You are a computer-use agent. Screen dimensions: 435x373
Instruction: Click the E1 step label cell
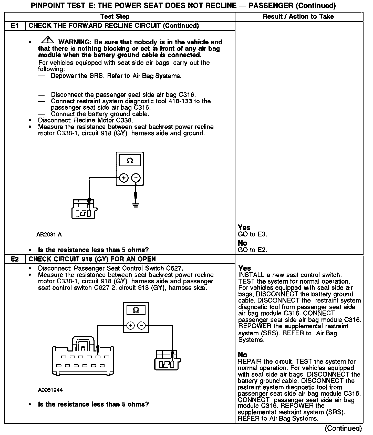(x=15, y=26)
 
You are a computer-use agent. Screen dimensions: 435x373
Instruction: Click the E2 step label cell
(x=15, y=259)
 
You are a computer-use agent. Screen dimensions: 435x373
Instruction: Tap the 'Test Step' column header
(x=115, y=17)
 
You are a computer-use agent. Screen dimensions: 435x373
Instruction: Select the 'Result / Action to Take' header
(x=298, y=17)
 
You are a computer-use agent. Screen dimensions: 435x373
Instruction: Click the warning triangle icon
(x=48, y=40)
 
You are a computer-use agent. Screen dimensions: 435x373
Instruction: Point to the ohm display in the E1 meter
(x=130, y=161)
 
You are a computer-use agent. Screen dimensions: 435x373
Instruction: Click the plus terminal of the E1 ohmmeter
(x=124, y=178)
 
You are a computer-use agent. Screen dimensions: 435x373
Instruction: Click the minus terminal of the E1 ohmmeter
(x=136, y=178)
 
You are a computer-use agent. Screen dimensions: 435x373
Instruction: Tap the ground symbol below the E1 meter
(x=136, y=205)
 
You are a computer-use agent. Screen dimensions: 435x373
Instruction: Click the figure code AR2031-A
(x=49, y=234)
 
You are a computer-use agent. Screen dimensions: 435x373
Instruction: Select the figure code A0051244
(x=50, y=390)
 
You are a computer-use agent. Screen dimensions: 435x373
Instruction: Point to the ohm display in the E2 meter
(x=136, y=310)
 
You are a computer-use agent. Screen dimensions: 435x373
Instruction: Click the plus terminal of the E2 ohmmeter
(x=130, y=326)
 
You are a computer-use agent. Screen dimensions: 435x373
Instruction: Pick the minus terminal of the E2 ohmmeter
(x=142, y=326)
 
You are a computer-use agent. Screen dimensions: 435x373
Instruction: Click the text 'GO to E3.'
(x=252, y=234)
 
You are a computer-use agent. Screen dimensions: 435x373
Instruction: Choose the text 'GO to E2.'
(x=252, y=250)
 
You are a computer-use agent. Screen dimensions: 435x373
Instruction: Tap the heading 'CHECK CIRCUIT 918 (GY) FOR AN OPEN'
(x=92, y=259)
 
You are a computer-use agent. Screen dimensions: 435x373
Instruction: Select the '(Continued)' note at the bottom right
(x=343, y=428)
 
